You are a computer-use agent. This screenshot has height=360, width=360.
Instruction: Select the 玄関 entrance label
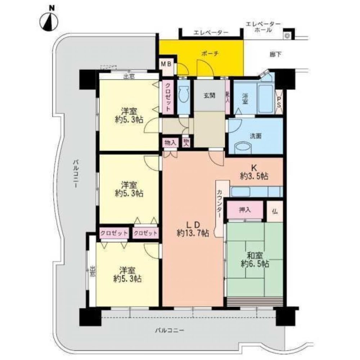point(210,96)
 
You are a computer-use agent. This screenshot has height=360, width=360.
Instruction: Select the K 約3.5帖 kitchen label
point(255,172)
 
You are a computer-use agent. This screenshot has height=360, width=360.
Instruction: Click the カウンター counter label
point(220,203)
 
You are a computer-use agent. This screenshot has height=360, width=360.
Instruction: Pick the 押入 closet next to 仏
point(245,210)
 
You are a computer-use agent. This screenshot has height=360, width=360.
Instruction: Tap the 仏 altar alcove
point(274,210)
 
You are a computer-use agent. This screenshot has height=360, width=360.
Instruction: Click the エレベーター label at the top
point(211,33)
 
